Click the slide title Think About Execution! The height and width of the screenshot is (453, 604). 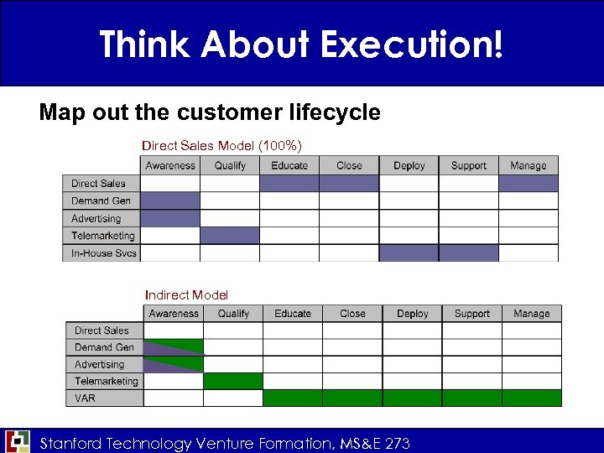click(x=301, y=44)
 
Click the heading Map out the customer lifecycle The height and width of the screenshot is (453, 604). click(x=210, y=112)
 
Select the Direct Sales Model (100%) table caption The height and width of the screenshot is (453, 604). click(x=221, y=146)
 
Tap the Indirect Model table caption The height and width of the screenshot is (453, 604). click(x=186, y=294)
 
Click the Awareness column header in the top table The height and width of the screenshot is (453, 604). click(x=170, y=165)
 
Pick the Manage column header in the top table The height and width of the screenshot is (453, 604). click(x=528, y=165)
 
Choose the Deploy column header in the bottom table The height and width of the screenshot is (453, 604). click(x=413, y=314)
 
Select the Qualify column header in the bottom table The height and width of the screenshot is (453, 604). click(x=233, y=314)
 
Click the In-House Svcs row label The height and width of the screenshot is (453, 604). click(x=103, y=253)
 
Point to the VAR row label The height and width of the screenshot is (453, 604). click(x=86, y=398)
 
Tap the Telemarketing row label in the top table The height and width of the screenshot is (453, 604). click(x=102, y=236)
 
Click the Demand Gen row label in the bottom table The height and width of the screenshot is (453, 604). click(x=104, y=347)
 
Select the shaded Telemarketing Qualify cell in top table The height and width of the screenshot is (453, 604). click(x=230, y=236)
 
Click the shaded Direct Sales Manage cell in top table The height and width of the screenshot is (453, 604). click(x=528, y=183)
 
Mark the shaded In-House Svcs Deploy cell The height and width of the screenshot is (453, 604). click(x=409, y=253)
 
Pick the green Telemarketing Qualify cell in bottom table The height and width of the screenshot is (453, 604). click(x=233, y=381)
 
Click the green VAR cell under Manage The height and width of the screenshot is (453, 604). click(x=532, y=398)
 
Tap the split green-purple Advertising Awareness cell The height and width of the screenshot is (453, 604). click(x=174, y=364)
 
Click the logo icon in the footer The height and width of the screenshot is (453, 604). click(x=18, y=441)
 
